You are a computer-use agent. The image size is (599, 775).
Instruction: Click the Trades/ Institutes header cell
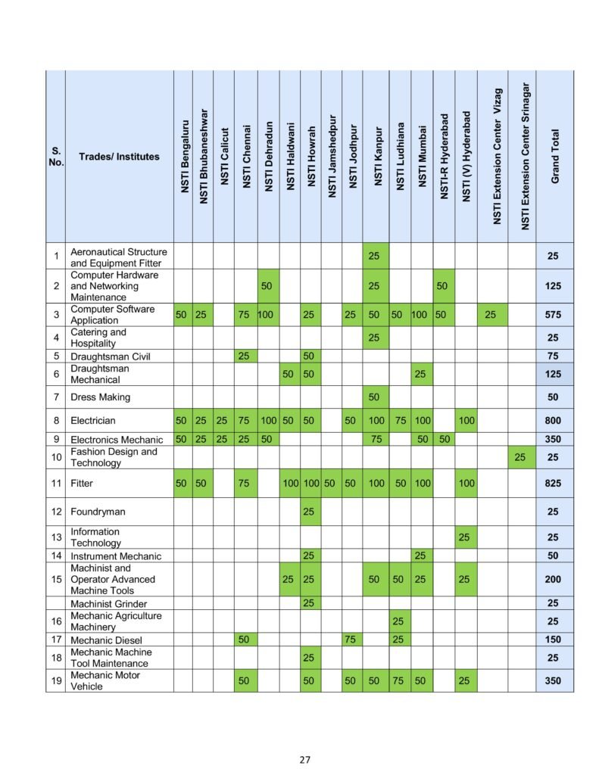pyautogui.click(x=119, y=157)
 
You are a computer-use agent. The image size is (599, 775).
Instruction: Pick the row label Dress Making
pyautogui.click(x=100, y=397)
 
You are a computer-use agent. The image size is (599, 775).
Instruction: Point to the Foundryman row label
pyautogui.click(x=98, y=512)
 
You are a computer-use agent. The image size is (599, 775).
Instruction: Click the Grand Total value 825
pyautogui.click(x=553, y=483)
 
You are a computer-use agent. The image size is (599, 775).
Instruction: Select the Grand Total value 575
pyautogui.click(x=553, y=314)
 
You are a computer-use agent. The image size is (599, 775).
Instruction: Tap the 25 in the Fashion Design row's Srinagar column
pyautogui.click(x=519, y=457)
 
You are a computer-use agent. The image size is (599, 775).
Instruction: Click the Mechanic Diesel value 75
pyautogui.click(x=351, y=640)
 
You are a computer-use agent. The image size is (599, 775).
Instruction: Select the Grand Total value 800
pyautogui.click(x=553, y=421)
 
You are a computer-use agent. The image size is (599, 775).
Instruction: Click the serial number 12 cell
pyautogui.click(x=56, y=512)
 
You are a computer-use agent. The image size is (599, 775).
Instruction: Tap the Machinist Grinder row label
pyautogui.click(x=109, y=604)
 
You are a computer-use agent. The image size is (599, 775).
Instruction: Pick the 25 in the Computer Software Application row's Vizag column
pyautogui.click(x=491, y=314)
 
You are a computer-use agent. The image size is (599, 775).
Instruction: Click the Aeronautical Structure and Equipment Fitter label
pyautogui.click(x=119, y=257)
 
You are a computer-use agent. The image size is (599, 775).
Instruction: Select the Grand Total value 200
pyautogui.click(x=553, y=579)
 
